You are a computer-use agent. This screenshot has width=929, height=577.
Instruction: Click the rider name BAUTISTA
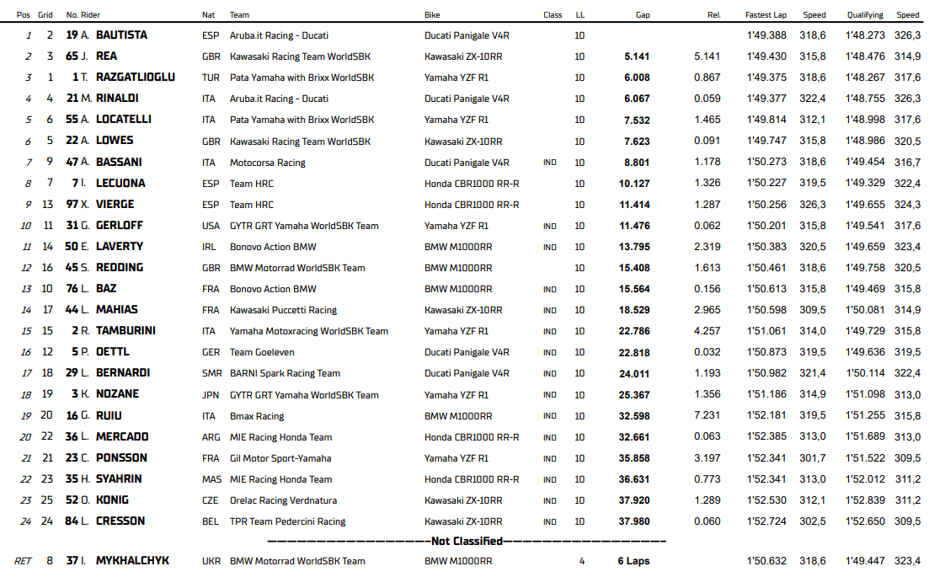point(121,35)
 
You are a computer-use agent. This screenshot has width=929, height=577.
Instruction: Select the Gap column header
point(643,15)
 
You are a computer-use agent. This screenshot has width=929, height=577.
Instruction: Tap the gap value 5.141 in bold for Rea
point(637,56)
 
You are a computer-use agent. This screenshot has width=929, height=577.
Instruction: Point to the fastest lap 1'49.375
point(766,77)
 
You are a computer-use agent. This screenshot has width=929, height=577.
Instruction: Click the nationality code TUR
point(210,77)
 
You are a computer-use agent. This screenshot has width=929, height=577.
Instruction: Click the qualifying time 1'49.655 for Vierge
point(865,205)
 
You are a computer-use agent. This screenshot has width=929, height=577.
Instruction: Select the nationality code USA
point(210,226)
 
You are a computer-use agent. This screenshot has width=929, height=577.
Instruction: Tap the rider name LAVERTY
point(120,247)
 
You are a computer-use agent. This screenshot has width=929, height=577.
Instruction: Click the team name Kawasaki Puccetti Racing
point(283,310)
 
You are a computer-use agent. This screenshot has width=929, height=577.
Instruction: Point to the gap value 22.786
point(634,331)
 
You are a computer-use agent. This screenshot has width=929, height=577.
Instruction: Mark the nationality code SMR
point(210,373)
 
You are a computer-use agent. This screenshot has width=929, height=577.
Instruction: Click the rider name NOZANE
point(118,394)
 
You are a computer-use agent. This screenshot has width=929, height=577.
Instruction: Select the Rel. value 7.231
point(707,416)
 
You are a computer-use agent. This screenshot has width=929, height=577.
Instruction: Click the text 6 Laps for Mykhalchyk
point(633,561)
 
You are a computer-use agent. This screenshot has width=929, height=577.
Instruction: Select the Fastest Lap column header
point(766,15)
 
